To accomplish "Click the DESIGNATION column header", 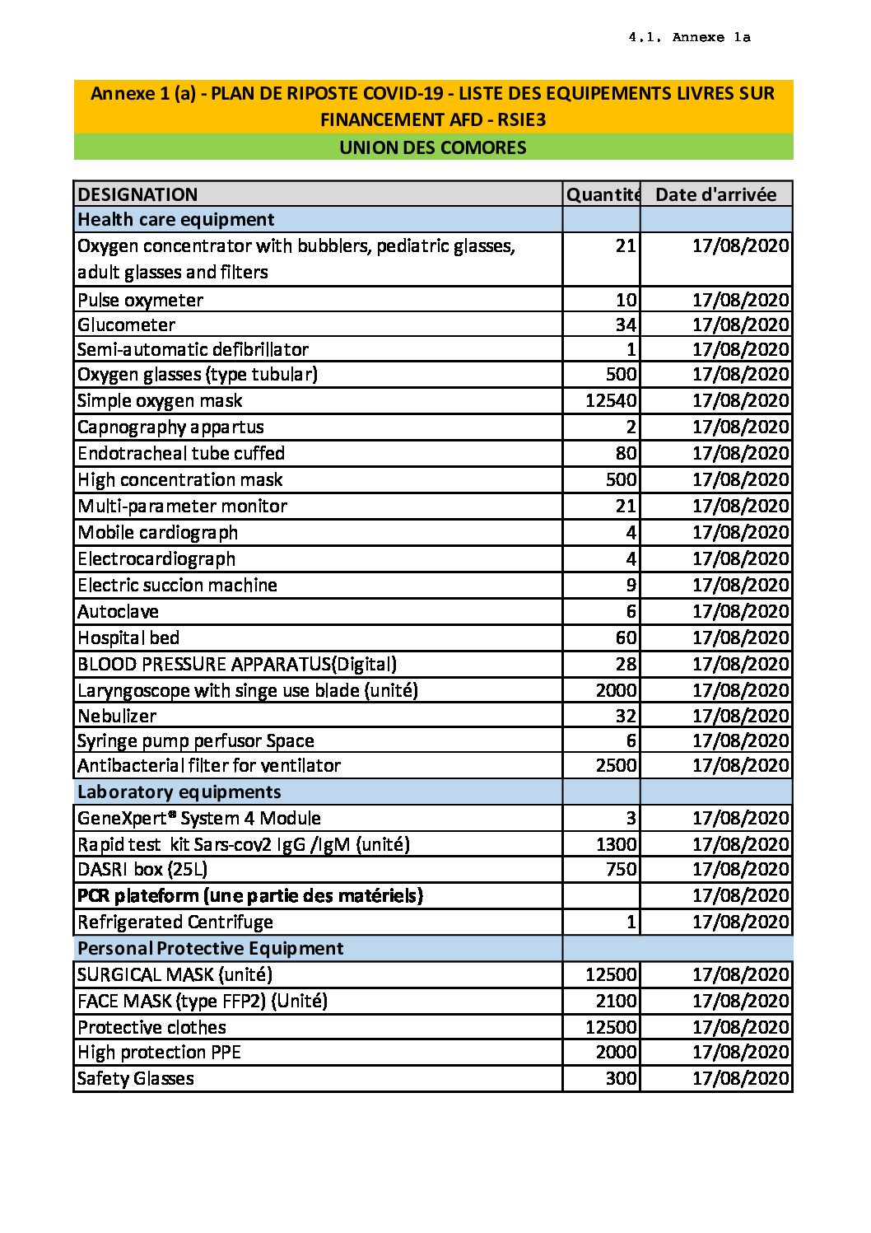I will point(137,194).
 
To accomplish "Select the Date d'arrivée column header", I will point(715,194).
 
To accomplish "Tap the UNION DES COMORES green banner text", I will point(433,147).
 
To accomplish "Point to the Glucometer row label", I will point(126,325).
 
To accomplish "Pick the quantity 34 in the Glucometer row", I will point(626,325).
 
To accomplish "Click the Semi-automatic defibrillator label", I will point(193,349).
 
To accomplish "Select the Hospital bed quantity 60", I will point(626,638).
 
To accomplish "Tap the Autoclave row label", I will point(118,611).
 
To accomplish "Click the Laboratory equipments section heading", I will point(179,792).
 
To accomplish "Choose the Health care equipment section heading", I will point(175,219).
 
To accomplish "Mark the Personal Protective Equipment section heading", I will point(210,948).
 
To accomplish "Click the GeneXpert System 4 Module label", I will point(199,818).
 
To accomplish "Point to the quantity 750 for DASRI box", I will point(622,869).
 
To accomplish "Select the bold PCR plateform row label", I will point(249,895).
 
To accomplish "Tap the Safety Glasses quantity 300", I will point(622,1078).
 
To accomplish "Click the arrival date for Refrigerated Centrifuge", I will point(740,922).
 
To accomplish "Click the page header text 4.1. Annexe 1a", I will point(689,37).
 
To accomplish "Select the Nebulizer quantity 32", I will point(626,716).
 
